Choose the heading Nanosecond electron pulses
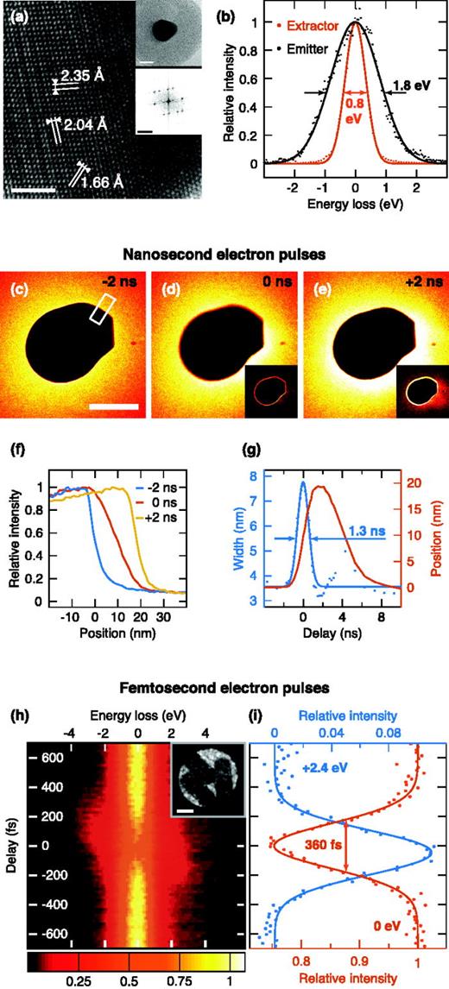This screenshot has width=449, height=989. click(224, 256)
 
